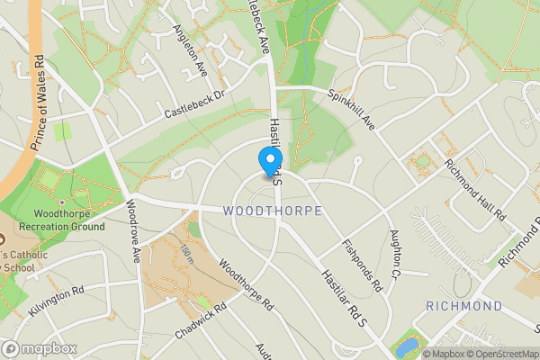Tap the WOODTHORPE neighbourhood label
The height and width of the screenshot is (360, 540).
[x=272, y=211]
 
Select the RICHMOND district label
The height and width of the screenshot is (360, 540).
[x=463, y=307]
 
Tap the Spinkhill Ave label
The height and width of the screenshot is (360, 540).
[x=351, y=107]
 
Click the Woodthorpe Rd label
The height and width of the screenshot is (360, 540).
[x=246, y=285]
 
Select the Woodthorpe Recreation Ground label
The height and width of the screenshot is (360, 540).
[x=68, y=220]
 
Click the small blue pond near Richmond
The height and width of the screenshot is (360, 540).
[x=407, y=346]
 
